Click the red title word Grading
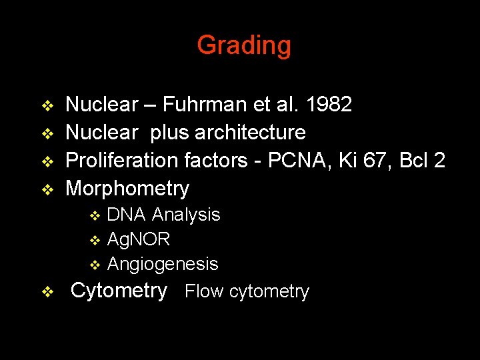[244, 45]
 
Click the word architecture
[250, 133]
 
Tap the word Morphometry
[127, 189]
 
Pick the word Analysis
[186, 215]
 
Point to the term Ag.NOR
[139, 239]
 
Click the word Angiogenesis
[163, 264]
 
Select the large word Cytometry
[119, 291]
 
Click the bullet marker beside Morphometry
[47, 189]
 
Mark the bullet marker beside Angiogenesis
[95, 265]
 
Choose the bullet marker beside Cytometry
[47, 291]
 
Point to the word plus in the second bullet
[170, 133]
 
